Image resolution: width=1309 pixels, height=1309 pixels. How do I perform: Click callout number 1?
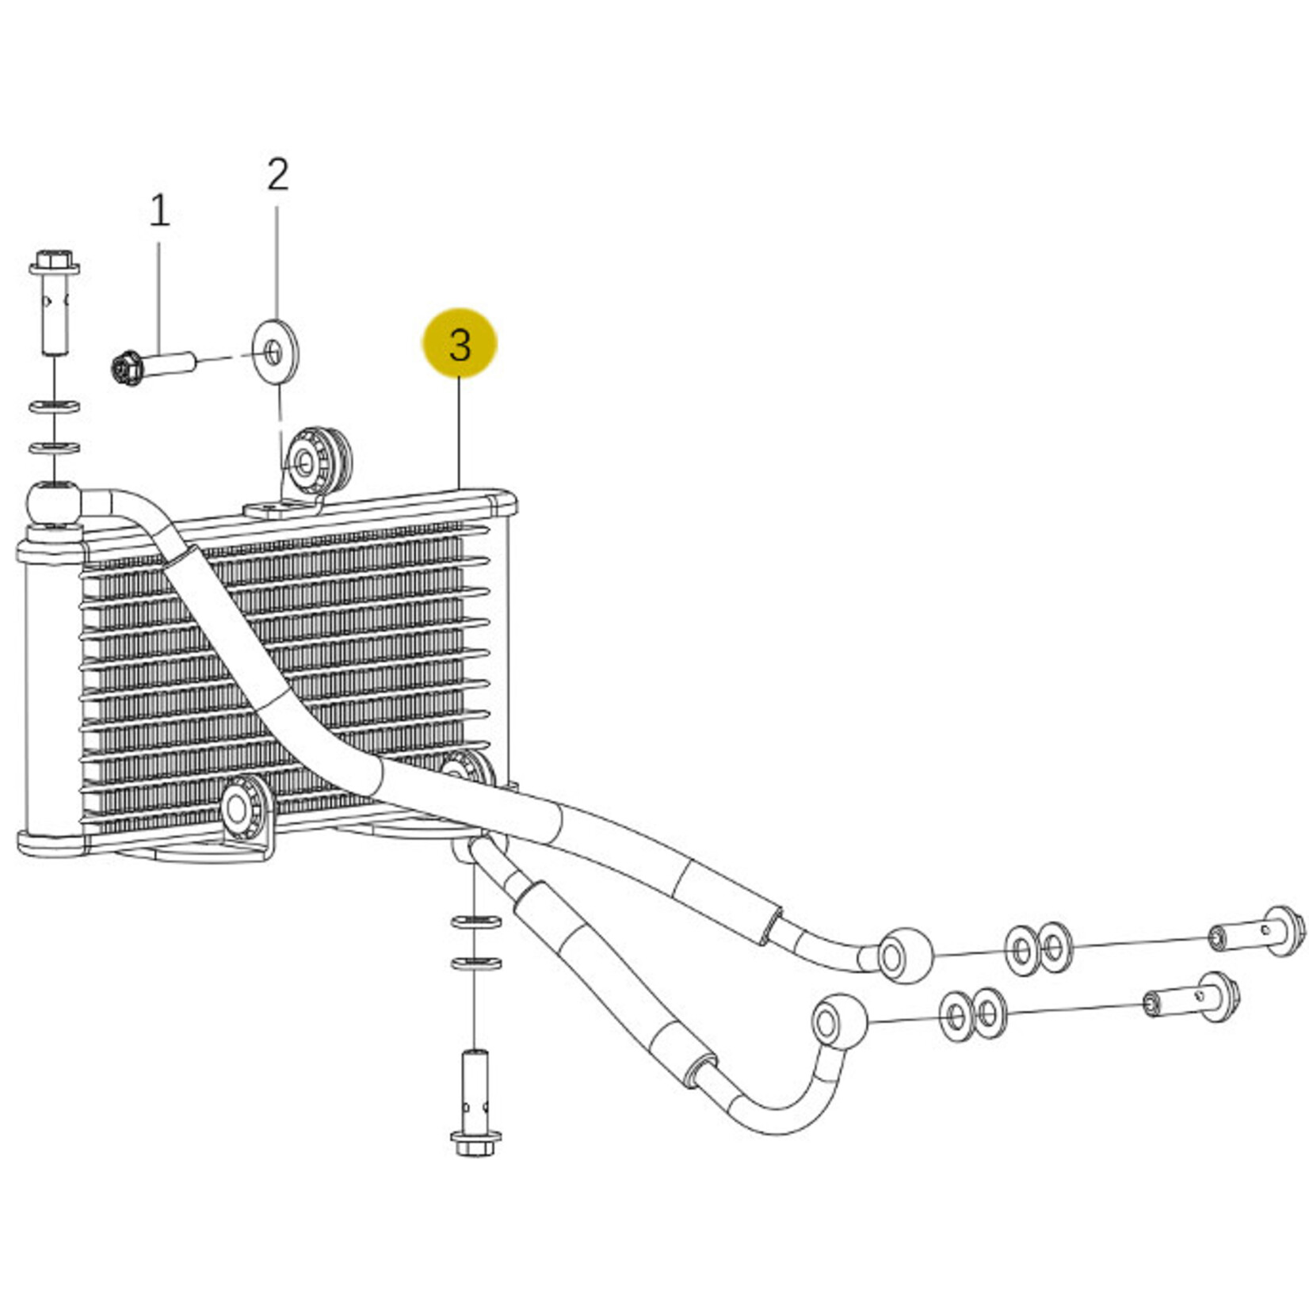pos(159,211)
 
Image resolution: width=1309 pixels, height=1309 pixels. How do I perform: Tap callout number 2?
pos(277,174)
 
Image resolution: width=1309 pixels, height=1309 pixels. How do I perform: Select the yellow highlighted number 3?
pos(460,345)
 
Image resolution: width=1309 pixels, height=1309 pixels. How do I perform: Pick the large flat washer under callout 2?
pos(276,351)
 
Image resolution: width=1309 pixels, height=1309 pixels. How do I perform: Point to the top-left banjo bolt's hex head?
pos(54,261)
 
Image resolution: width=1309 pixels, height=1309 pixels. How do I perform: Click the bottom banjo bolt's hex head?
pos(475,1143)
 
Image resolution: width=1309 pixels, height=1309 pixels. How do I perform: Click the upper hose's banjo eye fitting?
pos(905,956)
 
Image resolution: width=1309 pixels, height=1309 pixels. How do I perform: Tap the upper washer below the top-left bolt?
pos(54,407)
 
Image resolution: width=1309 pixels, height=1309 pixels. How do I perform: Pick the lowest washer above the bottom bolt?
pos(475,964)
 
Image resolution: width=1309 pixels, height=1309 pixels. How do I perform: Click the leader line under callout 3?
pos(460,433)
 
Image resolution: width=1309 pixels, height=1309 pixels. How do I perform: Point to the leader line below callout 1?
pos(158,298)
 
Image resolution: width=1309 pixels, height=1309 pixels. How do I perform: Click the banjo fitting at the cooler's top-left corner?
pos(53,504)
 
